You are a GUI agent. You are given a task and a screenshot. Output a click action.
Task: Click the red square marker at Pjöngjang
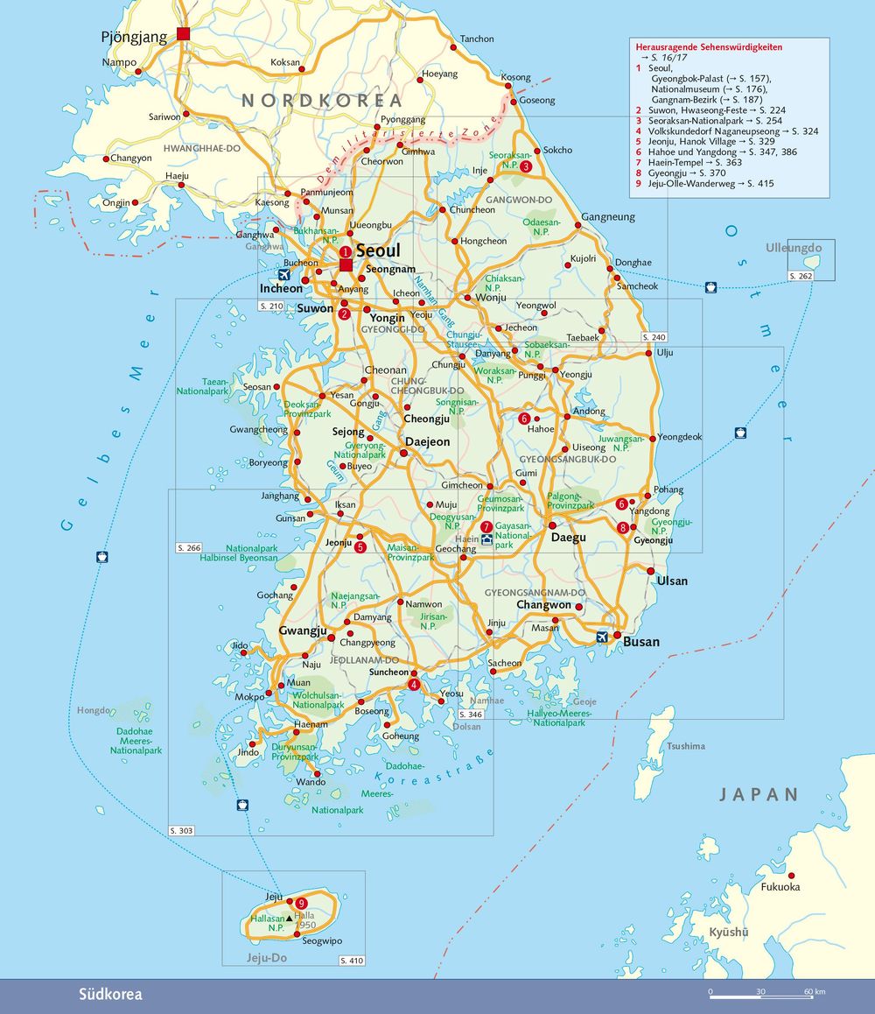point(183,33)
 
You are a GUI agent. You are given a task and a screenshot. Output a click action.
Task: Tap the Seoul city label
point(378,250)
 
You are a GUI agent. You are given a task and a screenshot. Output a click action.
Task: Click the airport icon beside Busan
point(602,637)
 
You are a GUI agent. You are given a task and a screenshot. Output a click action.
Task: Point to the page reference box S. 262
point(801,276)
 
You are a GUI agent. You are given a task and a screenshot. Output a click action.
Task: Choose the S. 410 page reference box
point(351,961)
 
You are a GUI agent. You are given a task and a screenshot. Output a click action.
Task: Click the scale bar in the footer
point(761,994)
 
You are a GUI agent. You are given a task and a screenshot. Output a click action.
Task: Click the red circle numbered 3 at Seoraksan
point(526,166)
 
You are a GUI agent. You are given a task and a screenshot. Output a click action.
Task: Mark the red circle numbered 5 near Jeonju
point(360,547)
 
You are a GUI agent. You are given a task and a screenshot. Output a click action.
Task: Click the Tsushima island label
point(685,746)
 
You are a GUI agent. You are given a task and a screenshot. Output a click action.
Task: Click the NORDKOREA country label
point(322,101)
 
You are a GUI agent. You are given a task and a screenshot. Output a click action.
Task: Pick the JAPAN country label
point(759,795)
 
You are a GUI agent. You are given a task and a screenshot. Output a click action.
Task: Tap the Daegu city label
point(568,537)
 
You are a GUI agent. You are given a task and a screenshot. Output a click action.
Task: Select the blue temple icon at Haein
point(486,539)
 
